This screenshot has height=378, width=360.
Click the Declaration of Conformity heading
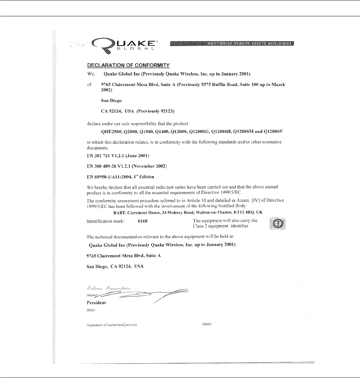(129, 65)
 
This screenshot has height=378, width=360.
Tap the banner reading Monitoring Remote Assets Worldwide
(232, 44)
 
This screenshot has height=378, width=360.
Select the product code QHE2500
(112, 132)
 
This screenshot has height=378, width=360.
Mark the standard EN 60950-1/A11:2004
(120, 176)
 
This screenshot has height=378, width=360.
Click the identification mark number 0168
(143, 221)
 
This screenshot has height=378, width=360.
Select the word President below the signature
(96, 303)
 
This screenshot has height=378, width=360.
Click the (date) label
(206, 324)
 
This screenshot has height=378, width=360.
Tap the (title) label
(91, 310)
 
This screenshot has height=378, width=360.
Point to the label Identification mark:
(105, 221)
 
